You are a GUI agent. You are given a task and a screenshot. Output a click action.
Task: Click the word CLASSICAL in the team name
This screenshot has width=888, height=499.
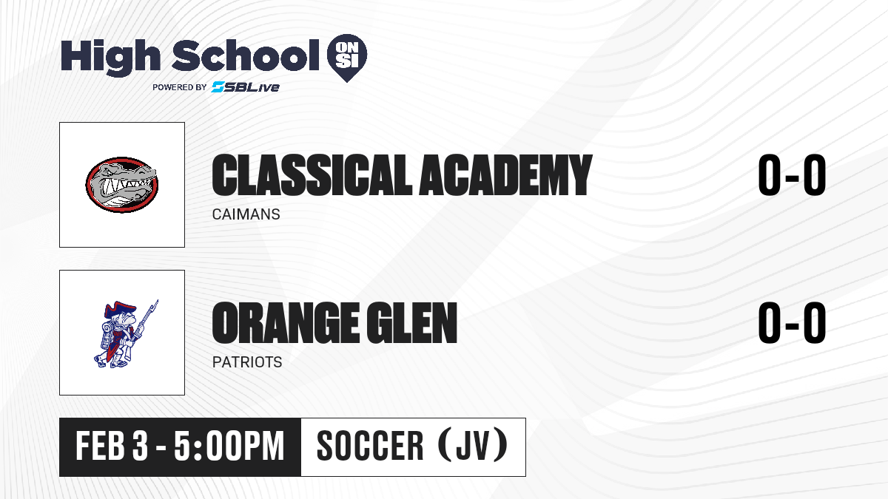(x=312, y=175)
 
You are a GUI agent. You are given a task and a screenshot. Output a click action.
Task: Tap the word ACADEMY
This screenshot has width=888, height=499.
(x=505, y=175)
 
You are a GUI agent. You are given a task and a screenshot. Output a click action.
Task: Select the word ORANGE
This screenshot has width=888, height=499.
(x=286, y=323)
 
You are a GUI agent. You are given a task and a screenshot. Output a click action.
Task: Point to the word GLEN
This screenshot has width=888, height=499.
(x=412, y=323)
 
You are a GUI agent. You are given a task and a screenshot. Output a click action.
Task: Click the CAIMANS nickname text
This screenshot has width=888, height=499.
(x=246, y=214)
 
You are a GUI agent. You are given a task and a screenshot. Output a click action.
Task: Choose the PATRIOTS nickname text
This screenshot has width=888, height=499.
(x=247, y=362)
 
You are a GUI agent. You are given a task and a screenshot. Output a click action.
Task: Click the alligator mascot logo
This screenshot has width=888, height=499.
(x=122, y=185)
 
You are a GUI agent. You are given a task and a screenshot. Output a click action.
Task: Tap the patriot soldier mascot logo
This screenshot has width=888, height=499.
(x=126, y=333)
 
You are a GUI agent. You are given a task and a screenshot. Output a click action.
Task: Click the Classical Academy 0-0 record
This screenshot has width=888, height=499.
(x=792, y=175)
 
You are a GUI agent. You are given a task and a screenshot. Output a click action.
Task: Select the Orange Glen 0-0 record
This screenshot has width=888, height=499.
(x=792, y=323)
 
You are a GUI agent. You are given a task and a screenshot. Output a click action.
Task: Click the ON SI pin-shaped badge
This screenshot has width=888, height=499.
(x=347, y=58)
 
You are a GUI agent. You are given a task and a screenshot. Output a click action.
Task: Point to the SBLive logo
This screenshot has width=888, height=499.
(x=246, y=86)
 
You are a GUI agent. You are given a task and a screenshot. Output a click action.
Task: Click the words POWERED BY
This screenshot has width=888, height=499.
(x=180, y=87)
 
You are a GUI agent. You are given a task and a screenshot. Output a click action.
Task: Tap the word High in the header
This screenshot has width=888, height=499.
(x=111, y=58)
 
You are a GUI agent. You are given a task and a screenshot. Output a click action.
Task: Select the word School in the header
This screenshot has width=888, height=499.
(x=246, y=55)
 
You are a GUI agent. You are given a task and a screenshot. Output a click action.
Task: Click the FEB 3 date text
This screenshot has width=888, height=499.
(x=112, y=447)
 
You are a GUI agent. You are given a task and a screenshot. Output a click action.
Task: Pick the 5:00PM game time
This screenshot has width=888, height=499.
(x=229, y=447)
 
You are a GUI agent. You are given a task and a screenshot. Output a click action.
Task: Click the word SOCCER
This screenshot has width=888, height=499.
(x=370, y=446)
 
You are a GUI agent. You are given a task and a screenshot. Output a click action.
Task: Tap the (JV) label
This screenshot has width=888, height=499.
(x=473, y=445)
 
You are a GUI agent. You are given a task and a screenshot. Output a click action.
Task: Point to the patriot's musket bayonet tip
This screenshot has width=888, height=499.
(x=158, y=300)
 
